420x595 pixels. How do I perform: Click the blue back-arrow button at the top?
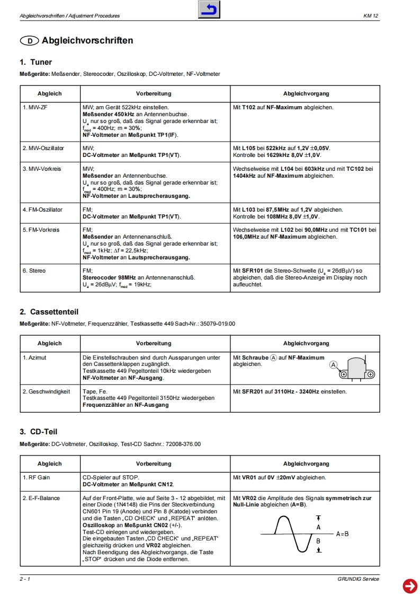pos(209,10)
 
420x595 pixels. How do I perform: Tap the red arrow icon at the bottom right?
pos(410,585)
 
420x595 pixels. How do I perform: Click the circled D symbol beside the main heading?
pos(29,41)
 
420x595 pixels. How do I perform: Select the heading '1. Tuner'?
pos(36,63)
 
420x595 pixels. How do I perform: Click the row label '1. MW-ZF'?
pos(35,108)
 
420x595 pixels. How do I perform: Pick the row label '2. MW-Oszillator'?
pos(43,148)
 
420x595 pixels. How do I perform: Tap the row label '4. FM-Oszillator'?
pos(42,209)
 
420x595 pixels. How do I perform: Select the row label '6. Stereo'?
pos(34,271)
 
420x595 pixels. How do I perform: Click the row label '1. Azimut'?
pos(34,358)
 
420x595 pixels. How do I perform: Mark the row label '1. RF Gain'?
pos(37,477)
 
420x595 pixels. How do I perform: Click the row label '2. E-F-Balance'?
pos(41,498)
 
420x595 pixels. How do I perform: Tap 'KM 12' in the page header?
pos(371,16)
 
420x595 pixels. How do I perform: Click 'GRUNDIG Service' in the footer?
pos(358,579)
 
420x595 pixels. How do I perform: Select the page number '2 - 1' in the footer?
pos(25,579)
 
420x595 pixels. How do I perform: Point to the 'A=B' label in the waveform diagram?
pos(342,533)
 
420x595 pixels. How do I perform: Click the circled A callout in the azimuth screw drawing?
pos(334,364)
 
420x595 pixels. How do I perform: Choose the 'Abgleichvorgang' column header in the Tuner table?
pos(306,94)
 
